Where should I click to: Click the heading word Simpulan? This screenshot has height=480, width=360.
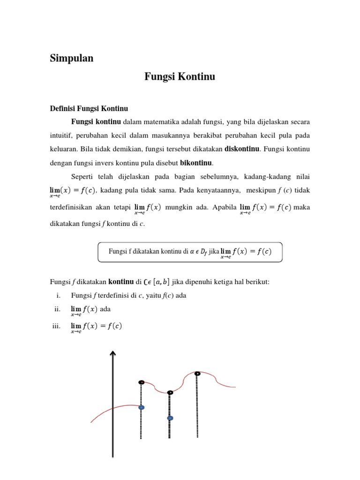[71, 59]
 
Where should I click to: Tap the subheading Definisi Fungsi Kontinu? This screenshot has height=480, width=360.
[89, 109]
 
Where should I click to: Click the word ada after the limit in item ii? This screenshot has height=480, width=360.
[105, 310]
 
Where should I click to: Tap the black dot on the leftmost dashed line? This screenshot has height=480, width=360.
[141, 382]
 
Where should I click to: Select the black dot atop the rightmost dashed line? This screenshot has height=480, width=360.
[197, 374]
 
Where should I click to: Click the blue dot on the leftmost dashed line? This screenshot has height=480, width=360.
[142, 408]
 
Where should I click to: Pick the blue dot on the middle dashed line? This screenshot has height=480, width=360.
[170, 418]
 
